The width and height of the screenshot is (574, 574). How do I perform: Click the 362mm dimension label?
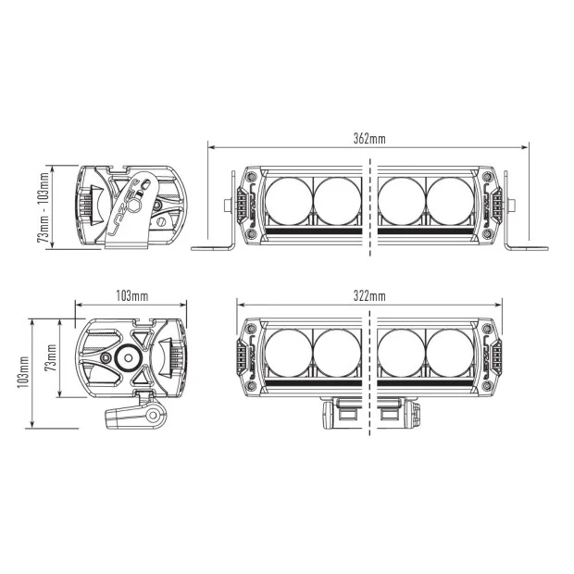369,139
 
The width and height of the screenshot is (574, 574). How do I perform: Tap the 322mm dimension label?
369,295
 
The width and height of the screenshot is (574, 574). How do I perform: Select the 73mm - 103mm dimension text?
44,207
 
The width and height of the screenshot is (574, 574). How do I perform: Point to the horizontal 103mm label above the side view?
132,295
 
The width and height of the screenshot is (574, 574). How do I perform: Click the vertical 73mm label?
51,357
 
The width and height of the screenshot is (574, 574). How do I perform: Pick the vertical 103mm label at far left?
23,372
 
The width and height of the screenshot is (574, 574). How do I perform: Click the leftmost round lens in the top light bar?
289,201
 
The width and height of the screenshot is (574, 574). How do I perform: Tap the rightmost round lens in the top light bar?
450,201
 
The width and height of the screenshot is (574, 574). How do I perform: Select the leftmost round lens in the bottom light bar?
289,353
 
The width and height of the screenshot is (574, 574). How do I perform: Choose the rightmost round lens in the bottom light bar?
450,353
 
